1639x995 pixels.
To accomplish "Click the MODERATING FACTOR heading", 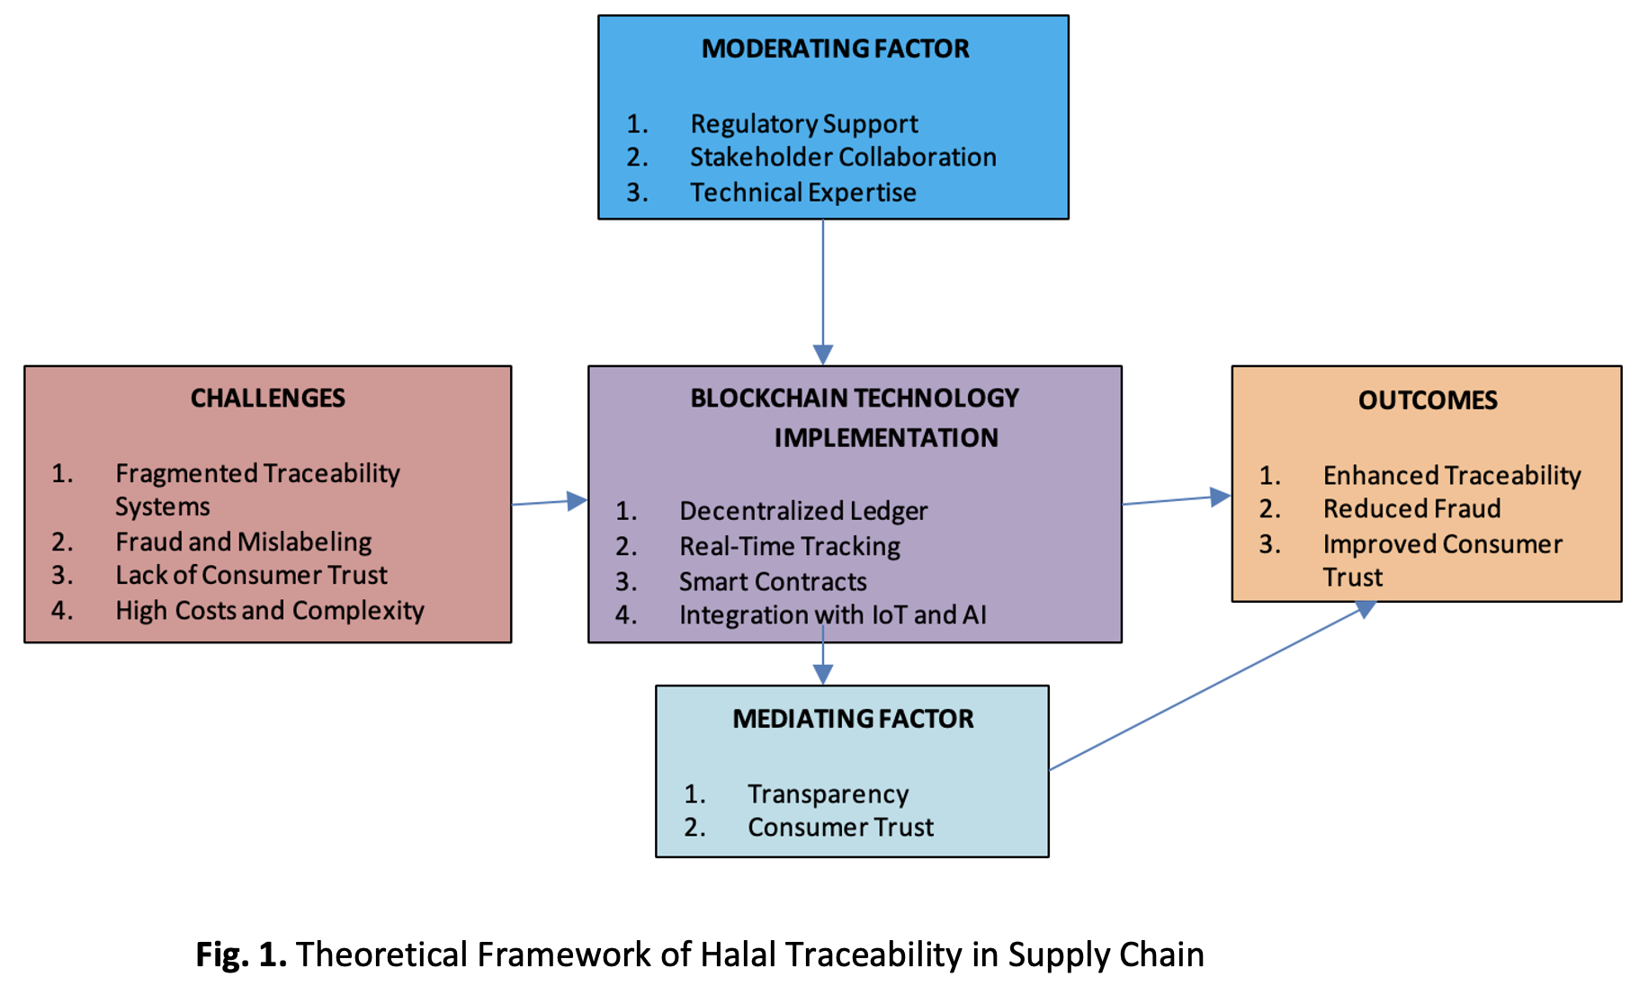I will click(x=835, y=49).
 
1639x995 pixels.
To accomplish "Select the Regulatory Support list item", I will click(x=803, y=123).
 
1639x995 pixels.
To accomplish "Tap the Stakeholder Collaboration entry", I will click(x=842, y=157).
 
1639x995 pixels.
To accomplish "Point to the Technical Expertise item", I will click(x=802, y=193).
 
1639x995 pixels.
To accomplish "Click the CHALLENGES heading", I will click(x=267, y=399).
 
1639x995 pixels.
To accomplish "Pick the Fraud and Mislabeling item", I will click(x=243, y=542).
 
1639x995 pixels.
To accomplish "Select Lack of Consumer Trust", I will click(x=251, y=575).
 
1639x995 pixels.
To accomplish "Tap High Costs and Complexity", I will click(x=269, y=611).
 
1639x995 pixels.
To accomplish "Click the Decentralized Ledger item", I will click(x=802, y=511).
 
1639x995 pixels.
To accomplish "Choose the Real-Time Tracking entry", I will click(x=789, y=546).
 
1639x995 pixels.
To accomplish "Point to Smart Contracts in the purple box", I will click(x=772, y=582).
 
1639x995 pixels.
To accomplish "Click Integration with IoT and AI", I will click(x=832, y=615).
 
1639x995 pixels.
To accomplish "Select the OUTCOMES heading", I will click(x=1427, y=400).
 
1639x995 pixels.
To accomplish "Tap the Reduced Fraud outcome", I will click(x=1411, y=509).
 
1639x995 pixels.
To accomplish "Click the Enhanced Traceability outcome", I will click(x=1451, y=475).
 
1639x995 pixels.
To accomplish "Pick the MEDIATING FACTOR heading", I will click(x=852, y=719).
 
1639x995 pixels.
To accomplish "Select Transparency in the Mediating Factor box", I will click(x=828, y=794).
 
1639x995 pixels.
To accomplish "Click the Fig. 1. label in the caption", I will click(x=240, y=955).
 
